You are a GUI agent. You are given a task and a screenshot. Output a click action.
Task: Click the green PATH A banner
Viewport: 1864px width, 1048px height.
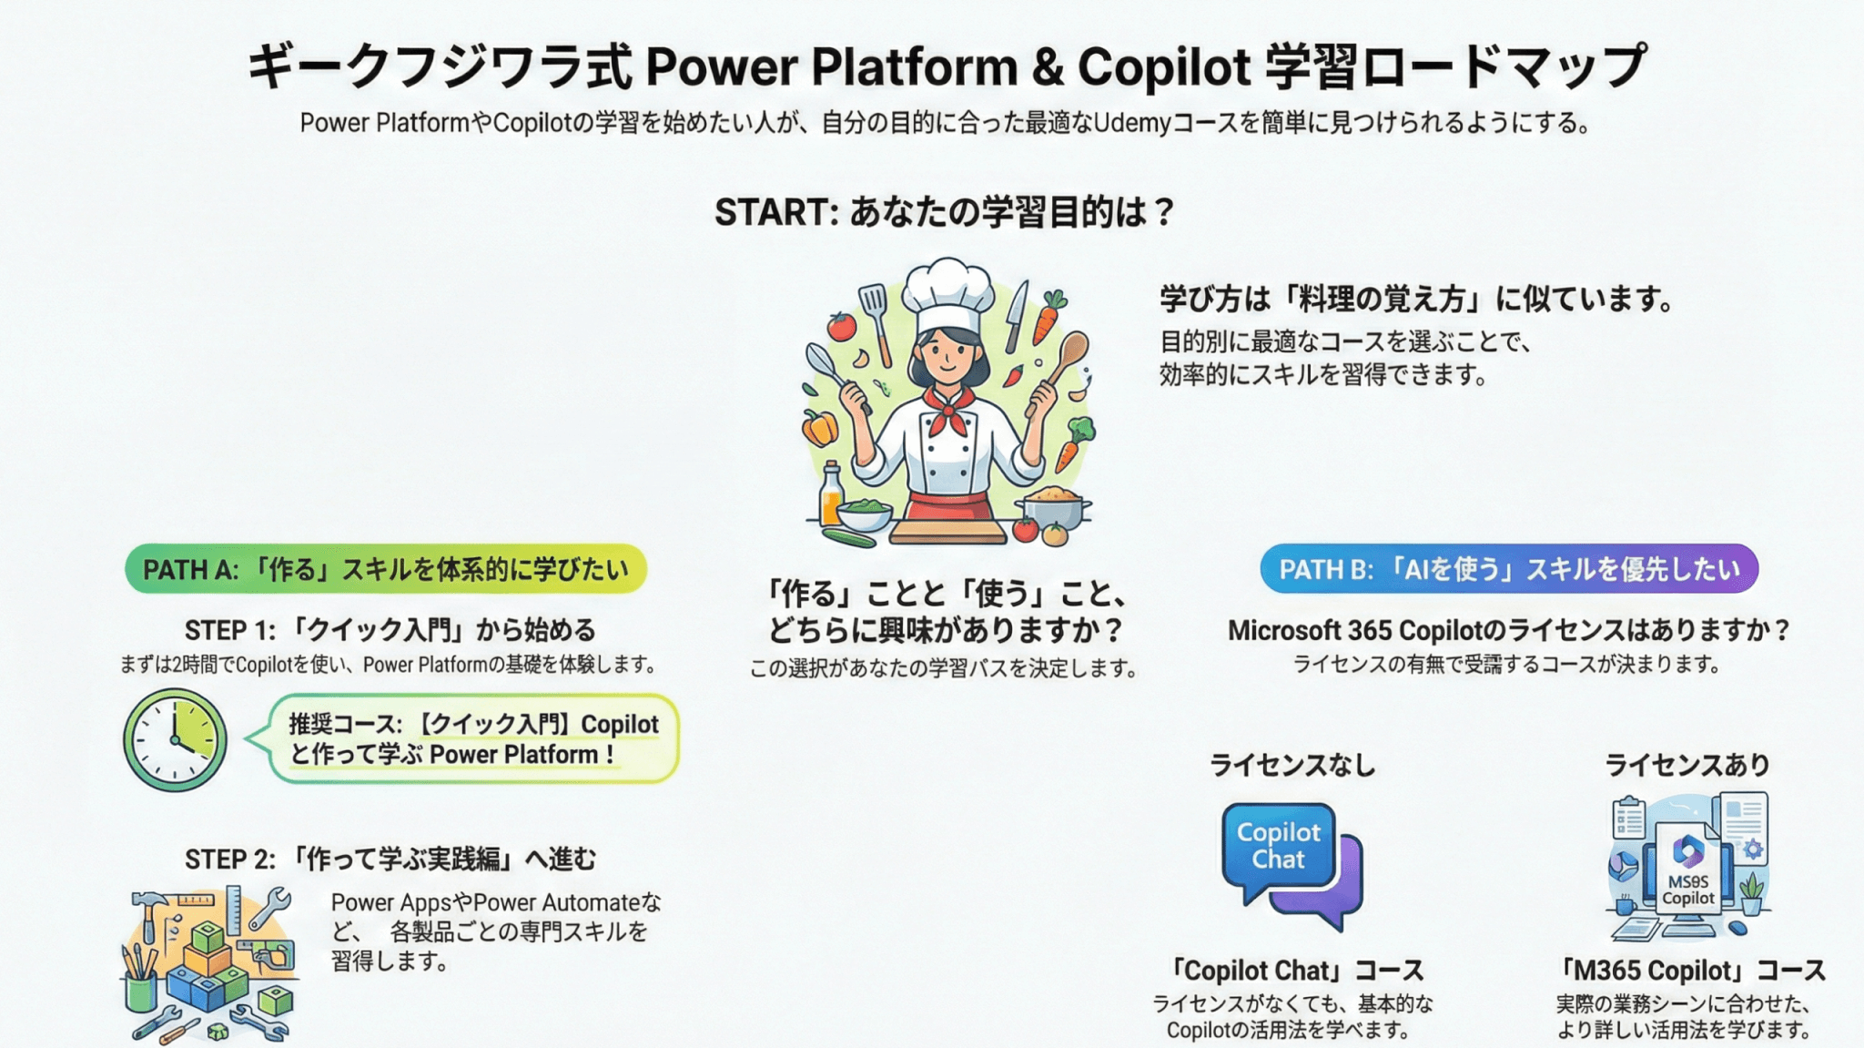click(x=386, y=569)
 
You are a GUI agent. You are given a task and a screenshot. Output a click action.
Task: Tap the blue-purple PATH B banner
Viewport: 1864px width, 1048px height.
click(x=1509, y=569)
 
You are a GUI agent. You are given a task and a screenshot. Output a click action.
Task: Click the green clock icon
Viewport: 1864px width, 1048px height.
click(x=175, y=739)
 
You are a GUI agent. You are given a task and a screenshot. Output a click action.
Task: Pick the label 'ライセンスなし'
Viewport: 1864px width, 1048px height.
click(x=1292, y=765)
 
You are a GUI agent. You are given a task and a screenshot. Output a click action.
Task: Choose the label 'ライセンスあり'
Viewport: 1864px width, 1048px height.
click(x=1687, y=765)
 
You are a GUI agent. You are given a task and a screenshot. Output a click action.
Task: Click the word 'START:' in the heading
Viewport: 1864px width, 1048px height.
click(x=776, y=212)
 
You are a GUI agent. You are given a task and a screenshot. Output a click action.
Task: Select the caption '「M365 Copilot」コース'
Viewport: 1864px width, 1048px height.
click(x=1691, y=971)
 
